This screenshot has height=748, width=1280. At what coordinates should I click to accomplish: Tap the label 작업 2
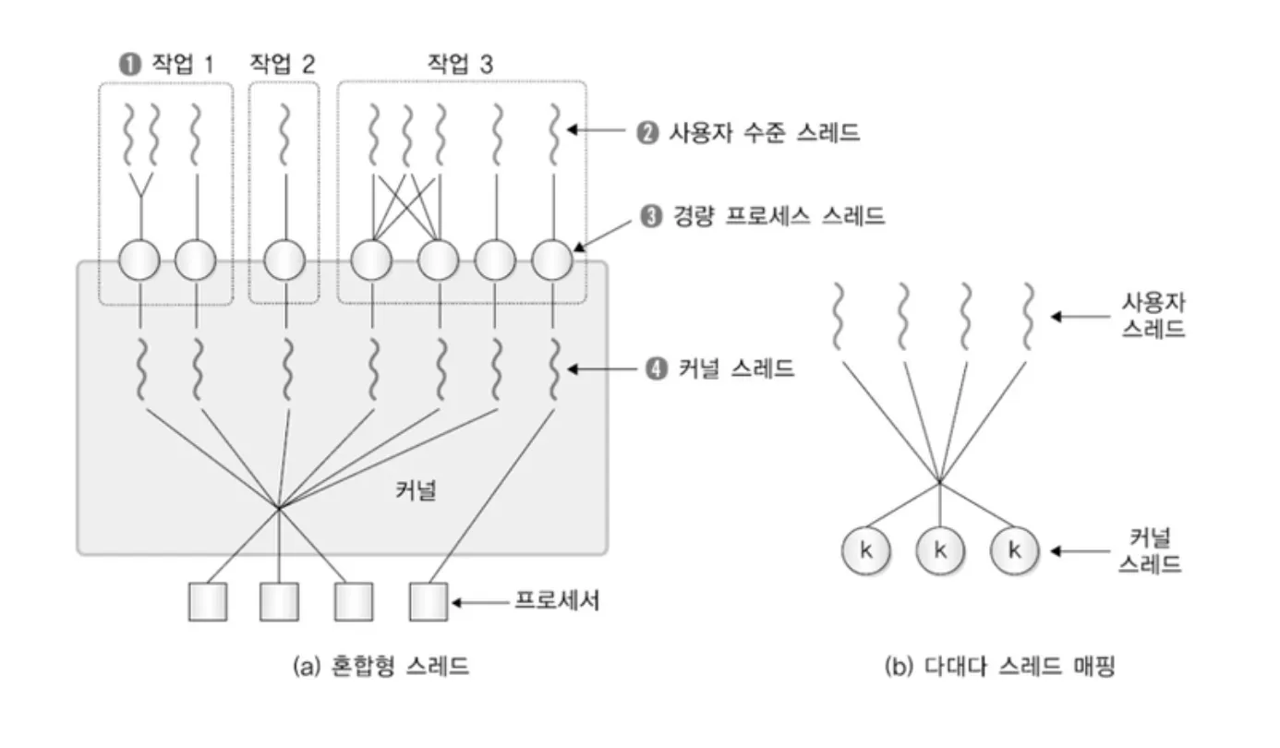[282, 64]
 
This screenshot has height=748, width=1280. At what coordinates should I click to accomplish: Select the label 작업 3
[459, 64]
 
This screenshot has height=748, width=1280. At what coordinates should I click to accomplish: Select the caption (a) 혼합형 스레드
[380, 667]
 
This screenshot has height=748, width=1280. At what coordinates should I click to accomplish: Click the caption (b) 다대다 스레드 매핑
[999, 667]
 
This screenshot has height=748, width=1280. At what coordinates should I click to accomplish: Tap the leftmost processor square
[207, 602]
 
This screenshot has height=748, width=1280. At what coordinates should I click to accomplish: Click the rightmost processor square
[429, 602]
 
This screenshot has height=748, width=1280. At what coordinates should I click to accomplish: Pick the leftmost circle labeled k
[865, 551]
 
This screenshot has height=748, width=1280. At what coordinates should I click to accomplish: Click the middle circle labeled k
[940, 551]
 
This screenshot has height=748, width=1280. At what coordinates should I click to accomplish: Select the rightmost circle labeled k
[1014, 551]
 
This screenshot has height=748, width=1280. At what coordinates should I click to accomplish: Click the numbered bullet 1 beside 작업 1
[127, 65]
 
